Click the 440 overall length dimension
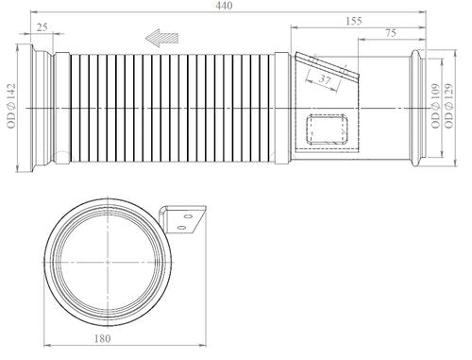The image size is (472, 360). point(225,6)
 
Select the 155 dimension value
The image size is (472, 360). point(354,21)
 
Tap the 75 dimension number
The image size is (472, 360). point(390,33)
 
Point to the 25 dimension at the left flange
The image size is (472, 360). point(42,27)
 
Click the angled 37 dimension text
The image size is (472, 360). point(325,78)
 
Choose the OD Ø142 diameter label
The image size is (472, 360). point(10,106)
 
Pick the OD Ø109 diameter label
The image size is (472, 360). point(435,106)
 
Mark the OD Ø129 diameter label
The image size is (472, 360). point(448,106)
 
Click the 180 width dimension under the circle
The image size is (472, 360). point(103,338)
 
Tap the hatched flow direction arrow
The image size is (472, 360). point(161,38)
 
